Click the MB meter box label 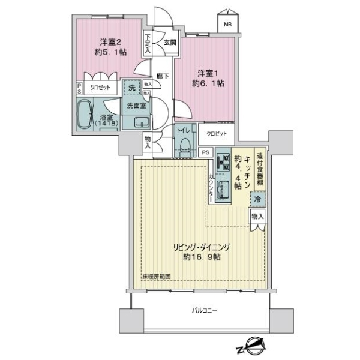click(227, 25)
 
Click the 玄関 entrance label click(170, 42)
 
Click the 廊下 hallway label click(162, 76)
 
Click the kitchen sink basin click(223, 191)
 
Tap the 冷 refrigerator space click(257, 198)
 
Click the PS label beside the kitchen click(206, 152)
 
